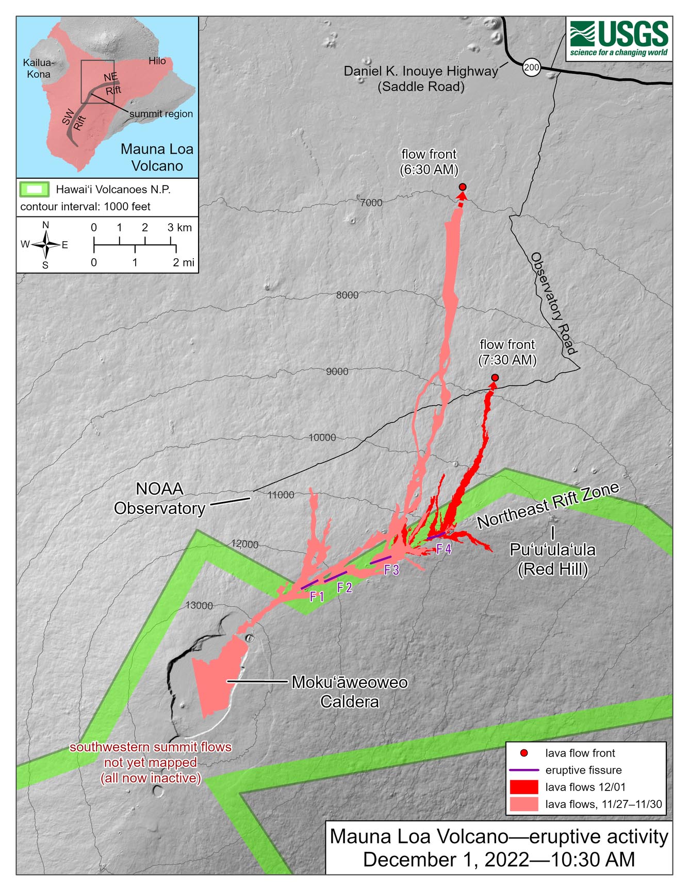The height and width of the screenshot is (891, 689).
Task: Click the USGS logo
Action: coord(619,39)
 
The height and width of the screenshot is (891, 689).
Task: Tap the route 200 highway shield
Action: coord(531,68)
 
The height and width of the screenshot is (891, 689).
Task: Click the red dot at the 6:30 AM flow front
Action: coord(463,187)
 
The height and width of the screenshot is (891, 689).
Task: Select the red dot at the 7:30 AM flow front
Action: coord(495,378)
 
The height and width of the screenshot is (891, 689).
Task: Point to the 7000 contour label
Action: coord(371,203)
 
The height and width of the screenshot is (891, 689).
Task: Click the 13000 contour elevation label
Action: coord(199,606)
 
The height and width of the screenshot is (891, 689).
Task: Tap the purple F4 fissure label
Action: coord(444,549)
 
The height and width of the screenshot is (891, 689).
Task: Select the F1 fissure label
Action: coord(317,597)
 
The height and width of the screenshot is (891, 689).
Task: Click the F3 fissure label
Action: coord(391,570)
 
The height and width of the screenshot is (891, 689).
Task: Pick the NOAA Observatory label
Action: coord(159,498)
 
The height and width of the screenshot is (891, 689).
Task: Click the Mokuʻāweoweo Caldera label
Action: coord(349,692)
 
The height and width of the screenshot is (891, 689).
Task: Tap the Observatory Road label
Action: coord(553,304)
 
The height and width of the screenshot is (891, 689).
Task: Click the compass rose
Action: coord(46,245)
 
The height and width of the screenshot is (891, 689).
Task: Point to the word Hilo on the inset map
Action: coord(157,61)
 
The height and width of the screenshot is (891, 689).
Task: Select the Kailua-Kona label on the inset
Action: coord(38,69)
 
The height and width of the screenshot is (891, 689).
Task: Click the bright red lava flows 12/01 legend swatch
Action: coord(523,787)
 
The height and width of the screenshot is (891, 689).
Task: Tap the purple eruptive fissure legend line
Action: coord(523,770)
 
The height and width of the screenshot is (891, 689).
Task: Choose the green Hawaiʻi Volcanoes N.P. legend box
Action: coord(35,189)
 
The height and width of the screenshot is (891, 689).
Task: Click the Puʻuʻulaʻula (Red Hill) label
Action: coord(552,559)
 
